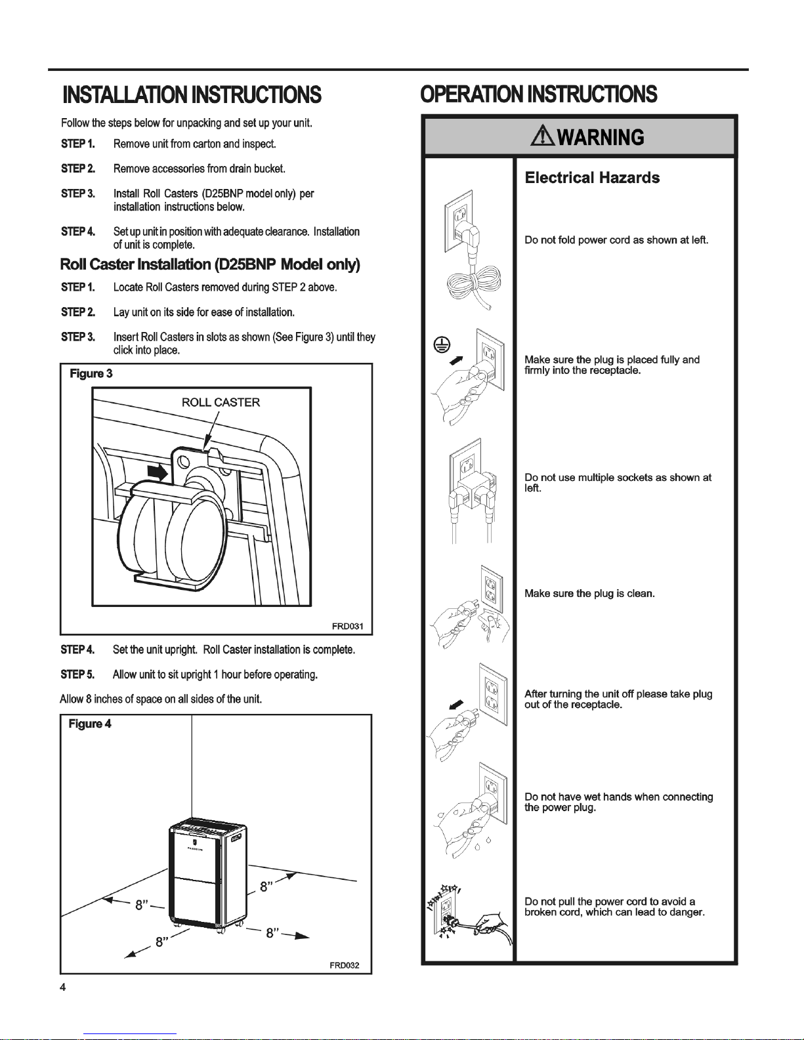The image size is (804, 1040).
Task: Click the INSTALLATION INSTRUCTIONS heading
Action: [x=191, y=96]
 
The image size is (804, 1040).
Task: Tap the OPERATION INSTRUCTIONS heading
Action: [x=538, y=94]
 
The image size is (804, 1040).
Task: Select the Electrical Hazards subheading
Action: [x=592, y=178]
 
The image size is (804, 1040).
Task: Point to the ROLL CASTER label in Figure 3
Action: [x=221, y=402]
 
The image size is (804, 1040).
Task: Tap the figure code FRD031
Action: [x=347, y=626]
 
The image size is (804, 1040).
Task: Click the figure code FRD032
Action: [x=344, y=966]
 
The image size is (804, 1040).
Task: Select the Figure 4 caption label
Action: [x=90, y=724]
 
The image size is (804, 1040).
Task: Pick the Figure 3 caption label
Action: [x=91, y=373]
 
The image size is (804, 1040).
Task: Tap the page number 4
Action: [x=62, y=988]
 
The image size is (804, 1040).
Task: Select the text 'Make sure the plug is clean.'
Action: [x=589, y=594]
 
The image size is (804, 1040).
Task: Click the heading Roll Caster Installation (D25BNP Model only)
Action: [x=210, y=264]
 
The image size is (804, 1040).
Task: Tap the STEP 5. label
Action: [x=77, y=675]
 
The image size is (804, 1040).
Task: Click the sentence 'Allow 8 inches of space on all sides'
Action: [x=161, y=699]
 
